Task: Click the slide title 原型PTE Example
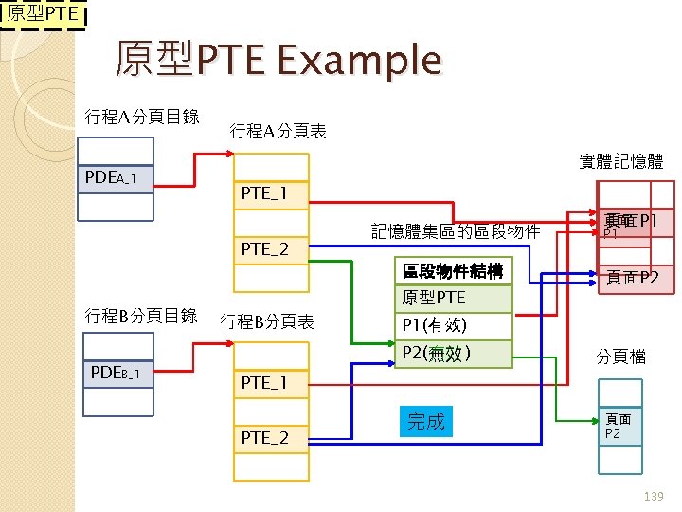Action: [x=278, y=61]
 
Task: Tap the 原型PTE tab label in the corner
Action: [x=44, y=15]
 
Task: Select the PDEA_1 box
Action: [x=116, y=178]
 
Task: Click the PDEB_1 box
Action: [x=116, y=375]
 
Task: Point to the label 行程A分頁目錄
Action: [x=142, y=117]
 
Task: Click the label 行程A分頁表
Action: [x=278, y=132]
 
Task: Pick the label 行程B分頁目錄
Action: [x=141, y=315]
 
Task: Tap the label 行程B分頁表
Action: [x=267, y=321]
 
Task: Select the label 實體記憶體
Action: [x=620, y=162]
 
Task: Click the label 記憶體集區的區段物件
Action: [x=456, y=231]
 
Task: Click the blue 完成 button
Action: [x=425, y=422]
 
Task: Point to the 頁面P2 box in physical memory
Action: [x=634, y=278]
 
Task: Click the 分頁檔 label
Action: [x=621, y=357]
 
